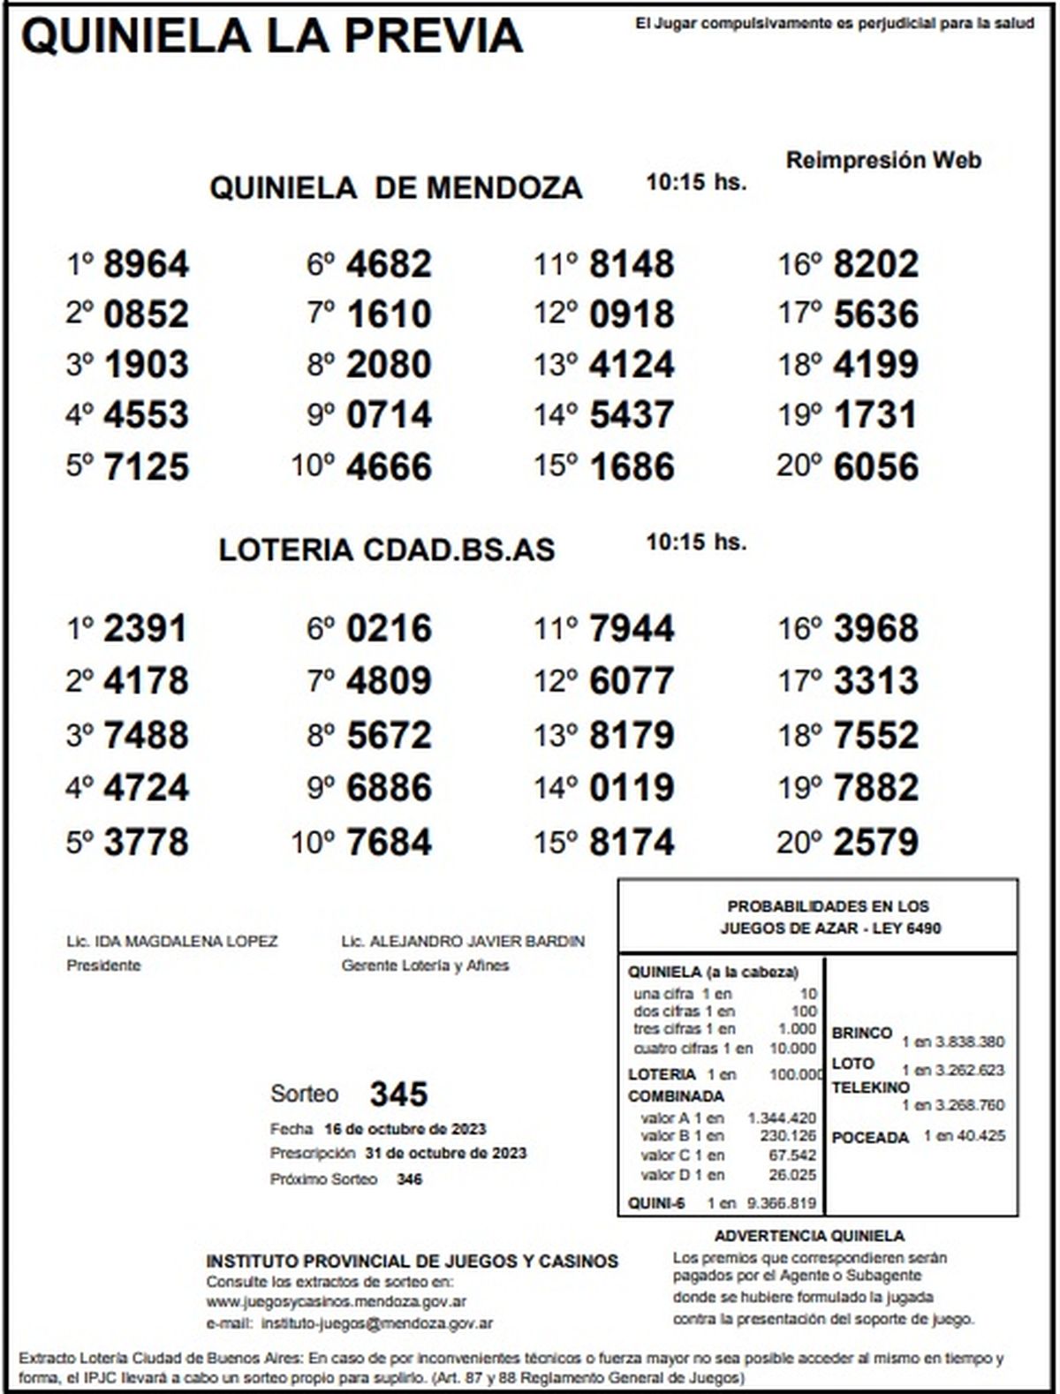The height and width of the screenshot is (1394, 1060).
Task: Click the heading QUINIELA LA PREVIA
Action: coord(272,37)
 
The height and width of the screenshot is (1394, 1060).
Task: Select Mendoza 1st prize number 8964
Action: coord(146,264)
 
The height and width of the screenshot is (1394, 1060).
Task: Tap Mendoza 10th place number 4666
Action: coord(389,466)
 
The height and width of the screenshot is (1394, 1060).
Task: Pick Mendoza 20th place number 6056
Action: coord(875,466)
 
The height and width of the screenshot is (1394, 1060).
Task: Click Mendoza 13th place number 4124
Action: coord(632,365)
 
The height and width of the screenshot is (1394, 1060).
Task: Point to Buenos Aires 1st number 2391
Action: coord(146,629)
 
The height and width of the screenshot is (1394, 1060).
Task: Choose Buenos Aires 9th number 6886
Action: coord(389,787)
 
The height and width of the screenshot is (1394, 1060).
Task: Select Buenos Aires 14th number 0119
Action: coord(632,787)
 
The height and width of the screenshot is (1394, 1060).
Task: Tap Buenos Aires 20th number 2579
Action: coord(875,841)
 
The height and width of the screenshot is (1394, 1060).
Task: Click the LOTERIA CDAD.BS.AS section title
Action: coord(387,549)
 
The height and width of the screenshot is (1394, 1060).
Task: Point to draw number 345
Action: coord(398,1095)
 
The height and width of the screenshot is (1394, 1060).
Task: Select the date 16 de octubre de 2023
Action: coord(405,1129)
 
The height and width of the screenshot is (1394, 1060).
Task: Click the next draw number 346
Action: coord(409,1179)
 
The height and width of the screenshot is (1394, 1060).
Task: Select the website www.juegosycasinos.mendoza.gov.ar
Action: coord(337,1301)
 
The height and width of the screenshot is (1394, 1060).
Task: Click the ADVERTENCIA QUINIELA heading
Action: coord(809,1237)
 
